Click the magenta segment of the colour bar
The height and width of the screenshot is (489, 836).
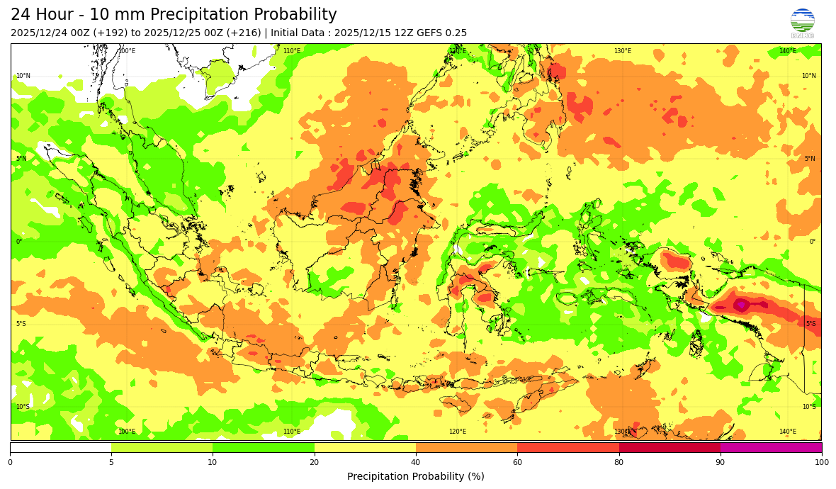771,447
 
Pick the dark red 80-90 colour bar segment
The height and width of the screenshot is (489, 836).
670,447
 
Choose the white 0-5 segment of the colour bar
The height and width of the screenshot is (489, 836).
60,447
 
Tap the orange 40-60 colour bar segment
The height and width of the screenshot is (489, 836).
466,447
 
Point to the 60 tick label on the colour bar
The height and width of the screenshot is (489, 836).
517,463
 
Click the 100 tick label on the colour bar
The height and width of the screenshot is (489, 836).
821,463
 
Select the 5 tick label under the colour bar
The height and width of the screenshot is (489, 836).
111,463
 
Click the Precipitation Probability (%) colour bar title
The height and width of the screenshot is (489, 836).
416,476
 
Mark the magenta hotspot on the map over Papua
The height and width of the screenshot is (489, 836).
741,305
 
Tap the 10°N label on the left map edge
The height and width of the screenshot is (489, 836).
23,76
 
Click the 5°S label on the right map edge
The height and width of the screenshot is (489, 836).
810,324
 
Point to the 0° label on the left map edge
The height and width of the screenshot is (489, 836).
19,242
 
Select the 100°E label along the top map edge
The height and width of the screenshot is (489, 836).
127,51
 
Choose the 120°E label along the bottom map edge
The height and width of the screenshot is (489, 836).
458,432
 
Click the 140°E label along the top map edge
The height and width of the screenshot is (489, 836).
787,51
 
